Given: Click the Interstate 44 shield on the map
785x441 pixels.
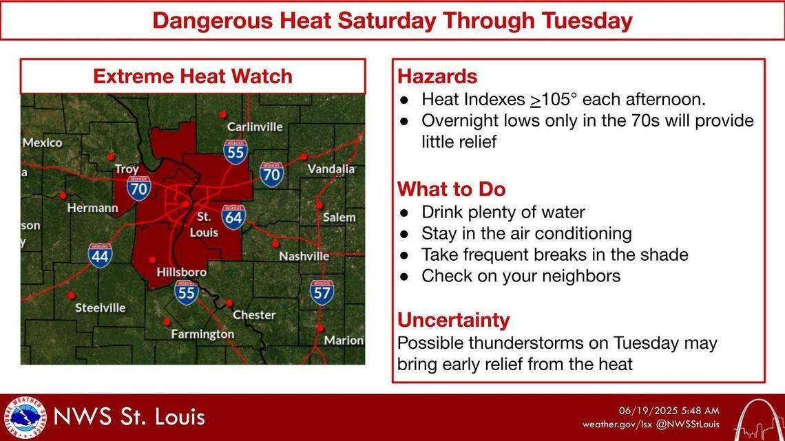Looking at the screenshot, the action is tap(101, 255).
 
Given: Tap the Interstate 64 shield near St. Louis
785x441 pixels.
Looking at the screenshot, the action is tap(233, 217).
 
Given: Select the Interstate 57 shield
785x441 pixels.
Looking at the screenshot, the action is tap(322, 292).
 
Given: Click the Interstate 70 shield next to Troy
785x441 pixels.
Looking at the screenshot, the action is tap(139, 186).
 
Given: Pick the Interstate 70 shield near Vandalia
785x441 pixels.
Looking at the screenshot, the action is tap(273, 175).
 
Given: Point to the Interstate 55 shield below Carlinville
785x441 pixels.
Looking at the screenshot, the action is tap(235, 151).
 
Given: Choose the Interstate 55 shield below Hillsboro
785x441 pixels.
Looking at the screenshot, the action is tap(186, 292).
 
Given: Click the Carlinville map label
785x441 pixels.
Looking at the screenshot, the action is tap(255, 127).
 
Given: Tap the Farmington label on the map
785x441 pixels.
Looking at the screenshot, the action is tap(202, 334).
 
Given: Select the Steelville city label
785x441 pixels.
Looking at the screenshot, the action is tap(101, 308).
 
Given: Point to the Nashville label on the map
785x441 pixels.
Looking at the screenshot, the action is tap(304, 256).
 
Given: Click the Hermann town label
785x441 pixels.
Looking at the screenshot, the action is tap(92, 208).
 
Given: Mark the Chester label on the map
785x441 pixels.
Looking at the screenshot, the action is tap(254, 314).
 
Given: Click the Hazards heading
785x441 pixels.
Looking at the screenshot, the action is tap(437, 76).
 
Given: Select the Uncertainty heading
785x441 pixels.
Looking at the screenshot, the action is tap(453, 320).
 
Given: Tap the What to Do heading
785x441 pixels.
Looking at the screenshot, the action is tap(451, 189).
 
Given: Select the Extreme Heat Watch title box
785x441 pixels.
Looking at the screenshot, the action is tap(193, 76).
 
